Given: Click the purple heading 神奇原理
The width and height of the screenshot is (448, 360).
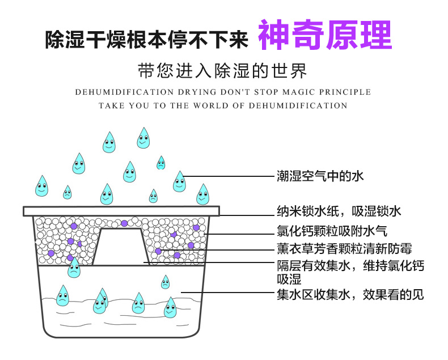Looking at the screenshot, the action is click(x=325, y=35).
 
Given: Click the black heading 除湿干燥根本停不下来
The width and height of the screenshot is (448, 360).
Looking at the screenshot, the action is click(x=146, y=39).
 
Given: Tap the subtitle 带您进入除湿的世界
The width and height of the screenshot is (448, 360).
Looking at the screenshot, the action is click(x=222, y=70).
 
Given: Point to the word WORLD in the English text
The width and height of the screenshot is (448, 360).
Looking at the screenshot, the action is click(x=210, y=105).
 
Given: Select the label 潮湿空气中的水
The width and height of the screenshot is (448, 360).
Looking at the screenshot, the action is click(x=320, y=176).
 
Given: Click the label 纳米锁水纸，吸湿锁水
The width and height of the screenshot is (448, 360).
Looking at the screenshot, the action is click(x=339, y=211).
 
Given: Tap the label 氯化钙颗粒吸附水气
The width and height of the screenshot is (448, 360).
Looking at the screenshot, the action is click(x=332, y=231).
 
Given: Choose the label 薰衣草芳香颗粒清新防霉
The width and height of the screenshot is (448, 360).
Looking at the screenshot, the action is click(x=344, y=248).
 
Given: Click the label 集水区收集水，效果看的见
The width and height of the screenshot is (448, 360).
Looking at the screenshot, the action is click(x=350, y=295).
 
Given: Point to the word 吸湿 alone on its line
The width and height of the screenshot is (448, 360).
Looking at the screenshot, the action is click(x=289, y=279).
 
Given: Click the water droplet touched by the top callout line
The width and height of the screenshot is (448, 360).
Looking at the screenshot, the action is click(x=179, y=181).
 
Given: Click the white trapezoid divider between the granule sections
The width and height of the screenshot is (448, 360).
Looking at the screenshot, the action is click(x=121, y=247).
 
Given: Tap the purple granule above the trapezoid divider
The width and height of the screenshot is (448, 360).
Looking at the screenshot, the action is click(x=124, y=223).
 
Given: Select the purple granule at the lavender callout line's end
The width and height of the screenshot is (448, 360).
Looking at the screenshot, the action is click(x=158, y=251).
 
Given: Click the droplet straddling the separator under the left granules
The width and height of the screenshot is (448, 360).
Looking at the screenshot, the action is click(x=74, y=268).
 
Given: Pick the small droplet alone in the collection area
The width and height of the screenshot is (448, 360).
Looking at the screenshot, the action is click(x=166, y=282).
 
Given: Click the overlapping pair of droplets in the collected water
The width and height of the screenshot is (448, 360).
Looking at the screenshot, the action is click(x=100, y=300).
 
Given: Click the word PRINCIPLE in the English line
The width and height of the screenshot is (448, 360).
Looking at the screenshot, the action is click(x=345, y=92).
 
